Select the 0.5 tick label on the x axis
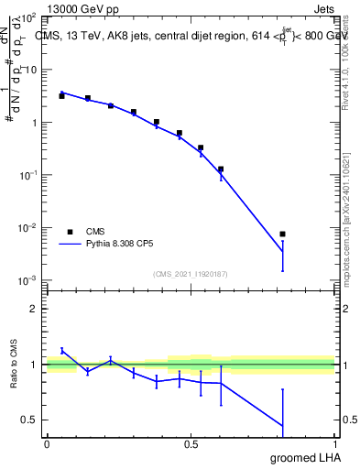pyautogui.click(x=191, y=444)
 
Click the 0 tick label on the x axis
pyautogui.click(x=47, y=444)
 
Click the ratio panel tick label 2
pyautogui.click(x=35, y=309)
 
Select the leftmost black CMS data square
pyautogui.click(x=61, y=95)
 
